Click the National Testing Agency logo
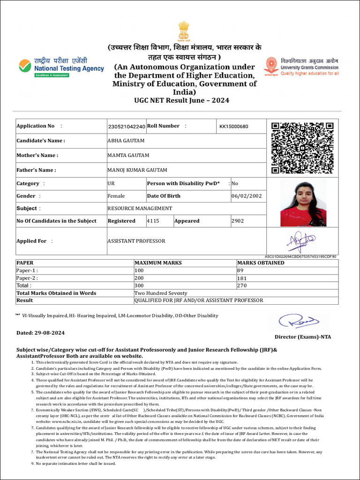(61, 67)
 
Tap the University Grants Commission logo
(301, 67)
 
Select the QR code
(302, 148)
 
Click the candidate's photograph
(303, 204)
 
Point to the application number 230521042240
(127, 127)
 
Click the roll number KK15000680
(234, 127)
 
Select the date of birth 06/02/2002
(247, 196)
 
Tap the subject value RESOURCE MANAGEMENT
(140, 208)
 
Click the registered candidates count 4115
(153, 221)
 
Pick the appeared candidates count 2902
(238, 221)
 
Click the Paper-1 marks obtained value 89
(240, 270)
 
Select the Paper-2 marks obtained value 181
(242, 278)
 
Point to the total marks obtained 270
(242, 285)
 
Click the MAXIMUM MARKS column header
(158, 263)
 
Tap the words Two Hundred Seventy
(161, 293)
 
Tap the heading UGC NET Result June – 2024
(182, 100)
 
